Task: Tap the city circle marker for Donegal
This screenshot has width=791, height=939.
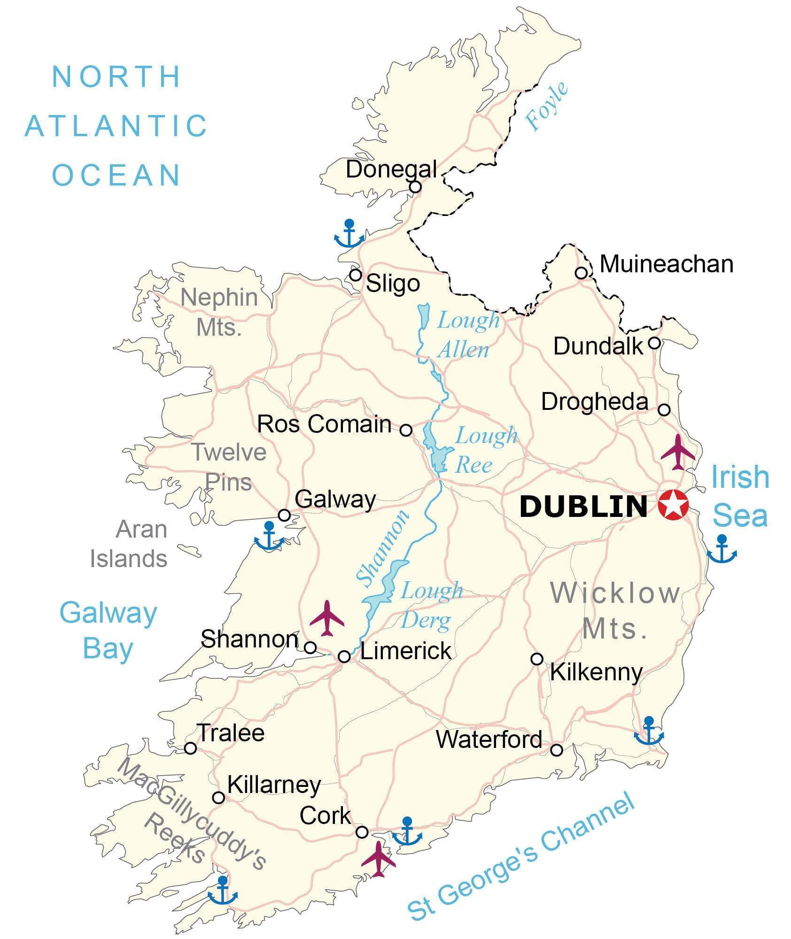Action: [x=415, y=187]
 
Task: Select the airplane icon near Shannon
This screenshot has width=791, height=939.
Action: [x=327, y=618]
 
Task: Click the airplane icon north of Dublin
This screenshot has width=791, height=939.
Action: [x=677, y=452]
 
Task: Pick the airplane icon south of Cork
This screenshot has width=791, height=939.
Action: [x=379, y=859]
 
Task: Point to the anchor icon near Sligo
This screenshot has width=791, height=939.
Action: [x=349, y=233]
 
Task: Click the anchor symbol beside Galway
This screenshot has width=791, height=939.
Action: [x=269, y=536]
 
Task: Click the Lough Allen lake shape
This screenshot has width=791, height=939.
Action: [x=423, y=317]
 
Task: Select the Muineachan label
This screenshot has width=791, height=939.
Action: [x=666, y=264]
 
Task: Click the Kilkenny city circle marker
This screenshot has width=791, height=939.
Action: [x=536, y=659]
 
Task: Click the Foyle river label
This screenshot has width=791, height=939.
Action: [x=546, y=107]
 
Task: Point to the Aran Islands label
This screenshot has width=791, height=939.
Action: [x=129, y=544]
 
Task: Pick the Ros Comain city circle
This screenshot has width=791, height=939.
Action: [x=406, y=430]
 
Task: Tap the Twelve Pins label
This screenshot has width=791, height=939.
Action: [x=229, y=467]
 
